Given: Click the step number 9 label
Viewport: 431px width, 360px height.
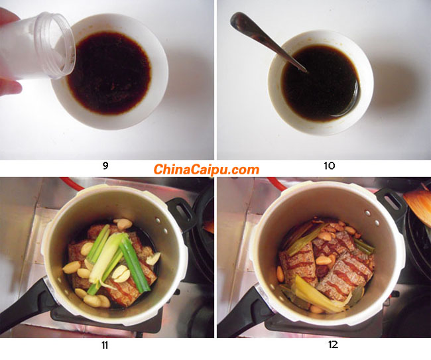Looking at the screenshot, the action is point(105,166).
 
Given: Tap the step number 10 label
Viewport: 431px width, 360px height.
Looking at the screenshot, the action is point(330,166).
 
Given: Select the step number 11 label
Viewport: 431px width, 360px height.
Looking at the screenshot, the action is point(105,345).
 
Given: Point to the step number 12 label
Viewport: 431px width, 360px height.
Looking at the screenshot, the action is point(333,345).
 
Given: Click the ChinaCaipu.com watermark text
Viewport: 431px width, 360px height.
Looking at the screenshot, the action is point(206,169).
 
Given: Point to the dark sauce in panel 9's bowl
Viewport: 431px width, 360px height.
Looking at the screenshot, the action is point(109,73).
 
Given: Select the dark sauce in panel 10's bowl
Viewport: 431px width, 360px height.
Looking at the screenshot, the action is point(321,83).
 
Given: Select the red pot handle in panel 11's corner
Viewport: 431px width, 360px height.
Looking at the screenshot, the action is point(72,184).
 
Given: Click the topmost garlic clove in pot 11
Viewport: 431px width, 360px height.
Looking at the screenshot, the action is point(123,223).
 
